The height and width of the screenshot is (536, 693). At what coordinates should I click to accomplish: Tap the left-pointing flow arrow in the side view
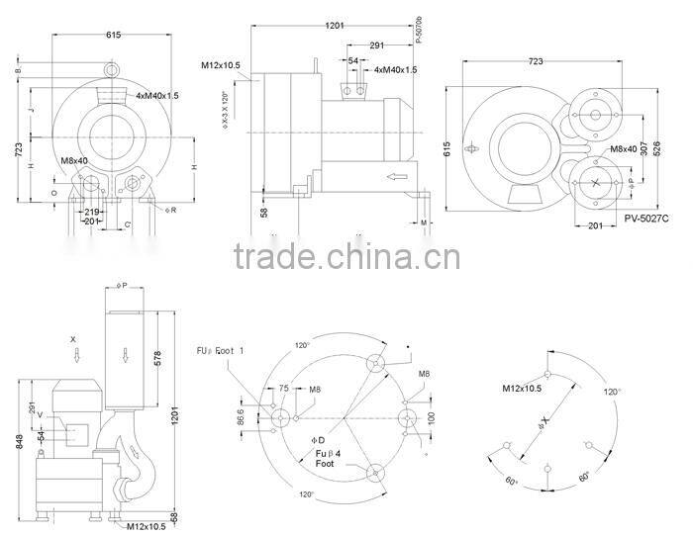(x=398, y=177)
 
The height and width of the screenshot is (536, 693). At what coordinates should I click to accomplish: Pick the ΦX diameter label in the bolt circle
(x=540, y=427)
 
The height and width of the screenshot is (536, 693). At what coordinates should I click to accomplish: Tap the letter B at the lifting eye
(x=18, y=71)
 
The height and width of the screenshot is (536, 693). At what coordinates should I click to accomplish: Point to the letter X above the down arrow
(x=74, y=338)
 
